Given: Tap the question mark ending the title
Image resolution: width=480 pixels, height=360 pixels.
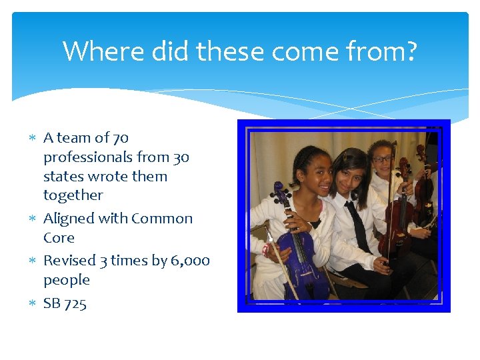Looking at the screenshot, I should pyautogui.click(x=410, y=51).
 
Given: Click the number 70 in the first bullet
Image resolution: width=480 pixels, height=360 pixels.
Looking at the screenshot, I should pyautogui.click(x=120, y=138).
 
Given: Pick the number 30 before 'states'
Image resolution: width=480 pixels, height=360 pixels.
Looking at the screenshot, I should pyautogui.click(x=181, y=157).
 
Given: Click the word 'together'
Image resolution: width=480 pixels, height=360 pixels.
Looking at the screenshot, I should pyautogui.click(x=73, y=195).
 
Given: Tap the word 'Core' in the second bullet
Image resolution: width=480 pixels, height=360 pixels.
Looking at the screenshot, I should pyautogui.click(x=59, y=238).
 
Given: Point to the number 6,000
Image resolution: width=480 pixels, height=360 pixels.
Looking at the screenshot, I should pyautogui.click(x=190, y=261).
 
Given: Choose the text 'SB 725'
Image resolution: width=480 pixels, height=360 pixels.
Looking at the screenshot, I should pyautogui.click(x=65, y=303).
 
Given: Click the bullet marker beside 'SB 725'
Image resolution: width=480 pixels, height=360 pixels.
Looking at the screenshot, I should pyautogui.click(x=33, y=304).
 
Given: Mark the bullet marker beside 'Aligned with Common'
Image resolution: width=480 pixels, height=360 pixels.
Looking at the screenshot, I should pyautogui.click(x=33, y=219).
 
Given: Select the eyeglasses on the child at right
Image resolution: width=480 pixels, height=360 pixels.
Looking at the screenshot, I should pyautogui.click(x=383, y=159).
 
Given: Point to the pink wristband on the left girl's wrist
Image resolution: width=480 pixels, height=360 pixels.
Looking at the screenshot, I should pyautogui.click(x=267, y=251).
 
